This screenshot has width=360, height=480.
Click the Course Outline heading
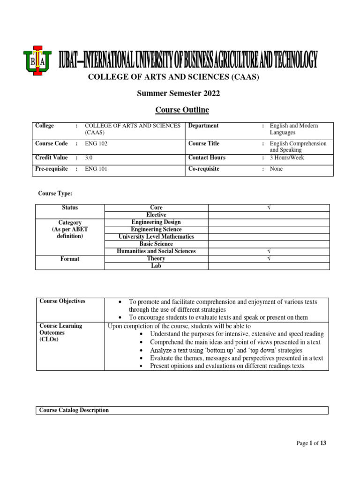pos(182,110)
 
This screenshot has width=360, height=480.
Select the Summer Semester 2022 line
pos(178,93)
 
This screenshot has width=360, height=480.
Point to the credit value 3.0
pos(89,157)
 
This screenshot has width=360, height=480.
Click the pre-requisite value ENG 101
pos(96,169)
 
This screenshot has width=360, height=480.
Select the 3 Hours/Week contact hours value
pos(287,157)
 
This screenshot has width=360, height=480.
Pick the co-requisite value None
pos(277,169)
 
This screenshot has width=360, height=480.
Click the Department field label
pos(203,126)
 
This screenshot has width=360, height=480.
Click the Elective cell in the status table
pos(156,215)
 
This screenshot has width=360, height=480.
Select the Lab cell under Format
pos(156,266)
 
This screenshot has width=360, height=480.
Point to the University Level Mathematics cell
pos(156,237)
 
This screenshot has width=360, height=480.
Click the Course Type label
pos(55,193)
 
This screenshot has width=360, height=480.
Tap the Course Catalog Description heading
pos(74,410)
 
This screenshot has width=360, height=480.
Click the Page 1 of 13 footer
pos(311,443)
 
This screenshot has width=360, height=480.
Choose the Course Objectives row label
pos(62,301)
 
